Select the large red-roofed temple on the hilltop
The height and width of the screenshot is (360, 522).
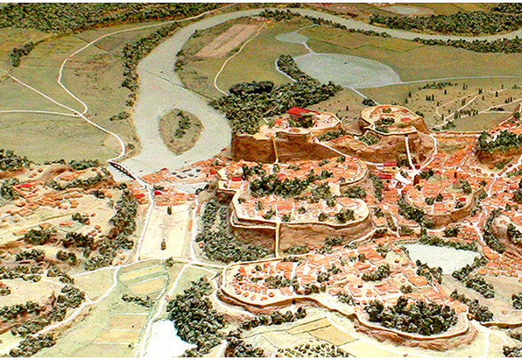click(x=300, y=112)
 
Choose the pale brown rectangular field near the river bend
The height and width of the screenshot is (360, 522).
click(x=228, y=40)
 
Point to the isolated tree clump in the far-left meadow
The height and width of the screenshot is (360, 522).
click(x=20, y=53)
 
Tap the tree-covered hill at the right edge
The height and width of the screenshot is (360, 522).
click(x=499, y=143)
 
